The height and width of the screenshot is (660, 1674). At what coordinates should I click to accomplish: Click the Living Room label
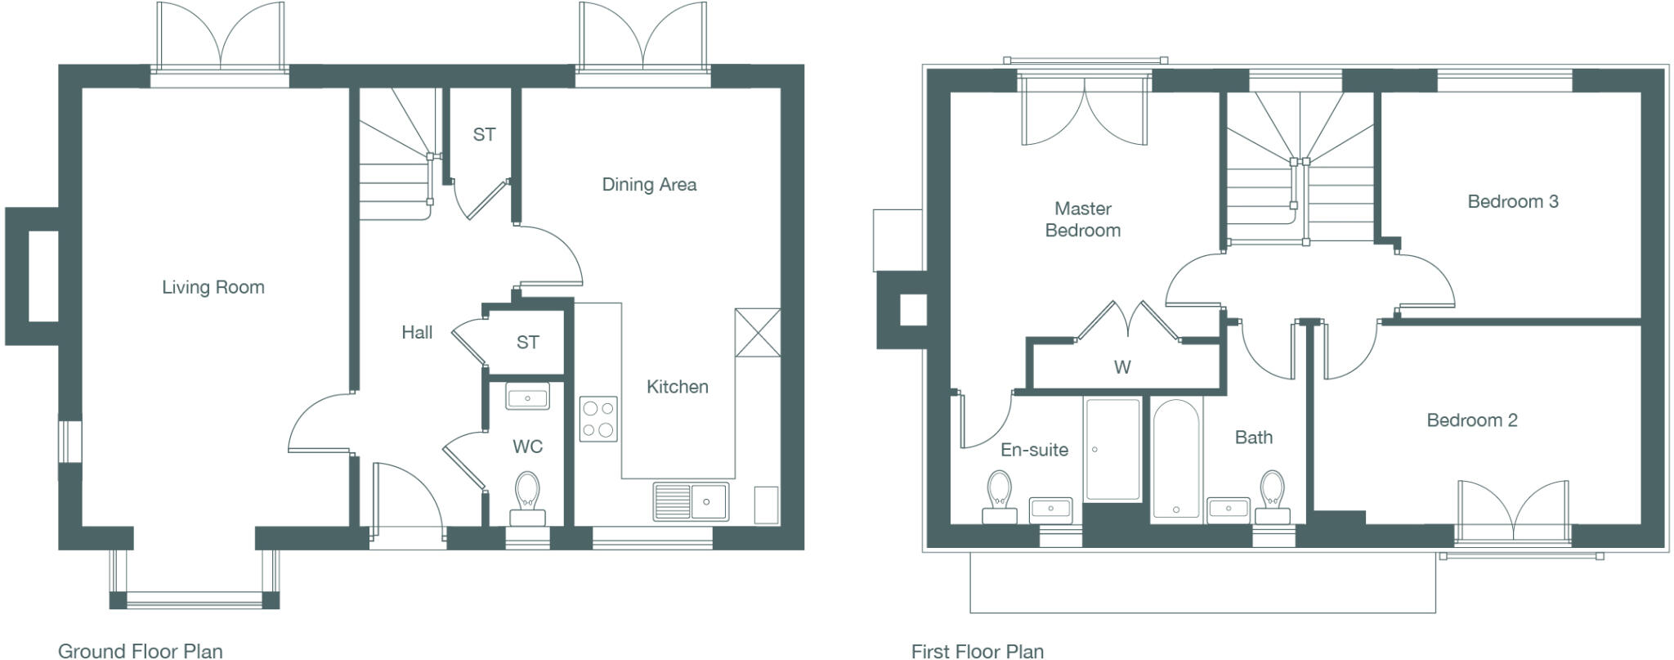coord(213,287)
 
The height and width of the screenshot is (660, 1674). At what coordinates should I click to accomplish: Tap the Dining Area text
coord(649,185)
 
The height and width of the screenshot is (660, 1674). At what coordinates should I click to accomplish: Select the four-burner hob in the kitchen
coord(598,419)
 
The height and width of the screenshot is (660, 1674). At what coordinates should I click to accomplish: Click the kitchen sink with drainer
coord(691,501)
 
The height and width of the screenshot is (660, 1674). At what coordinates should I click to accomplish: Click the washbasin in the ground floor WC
coord(527,397)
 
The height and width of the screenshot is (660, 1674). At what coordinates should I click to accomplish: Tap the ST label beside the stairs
coord(484,134)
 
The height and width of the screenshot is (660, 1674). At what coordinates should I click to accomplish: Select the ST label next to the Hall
coord(527,343)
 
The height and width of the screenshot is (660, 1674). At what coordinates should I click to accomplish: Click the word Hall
coord(417,332)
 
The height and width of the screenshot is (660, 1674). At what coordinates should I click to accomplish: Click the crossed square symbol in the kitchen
coord(757,332)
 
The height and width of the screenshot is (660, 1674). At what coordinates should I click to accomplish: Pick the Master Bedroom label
coord(1082,219)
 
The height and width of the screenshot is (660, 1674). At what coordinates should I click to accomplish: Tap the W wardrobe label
coord(1122,367)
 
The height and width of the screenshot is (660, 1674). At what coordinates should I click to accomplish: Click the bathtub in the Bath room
coord(1176,459)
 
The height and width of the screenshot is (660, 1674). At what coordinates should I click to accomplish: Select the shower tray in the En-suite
coord(1112,449)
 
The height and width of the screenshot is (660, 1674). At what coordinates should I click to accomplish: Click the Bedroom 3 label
coord(1512,201)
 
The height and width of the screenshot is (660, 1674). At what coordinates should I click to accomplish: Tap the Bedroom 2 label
coord(1471,420)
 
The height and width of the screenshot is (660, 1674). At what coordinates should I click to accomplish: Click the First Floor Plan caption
coord(977,651)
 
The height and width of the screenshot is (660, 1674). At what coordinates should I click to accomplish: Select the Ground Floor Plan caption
coord(140,651)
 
